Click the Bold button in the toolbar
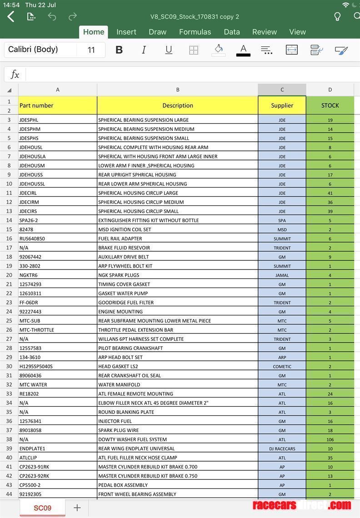119,50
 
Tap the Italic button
144,50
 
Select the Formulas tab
195,32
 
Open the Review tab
265,32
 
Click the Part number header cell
57,105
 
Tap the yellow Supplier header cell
282,105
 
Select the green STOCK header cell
330,105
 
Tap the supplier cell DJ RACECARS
282,448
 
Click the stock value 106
330,439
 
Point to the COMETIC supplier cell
282,366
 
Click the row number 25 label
9,321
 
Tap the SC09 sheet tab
42,508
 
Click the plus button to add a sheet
77,508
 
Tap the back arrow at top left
11,17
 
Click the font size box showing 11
91,50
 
